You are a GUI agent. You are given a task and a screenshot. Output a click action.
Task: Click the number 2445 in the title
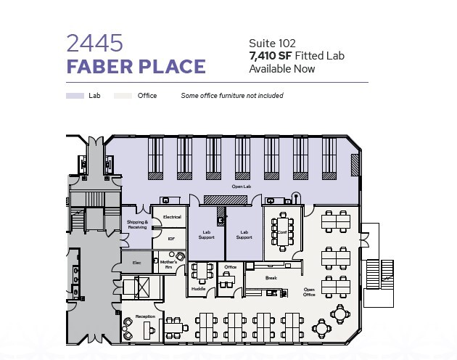94,43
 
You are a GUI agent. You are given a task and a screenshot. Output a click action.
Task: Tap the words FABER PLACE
136,67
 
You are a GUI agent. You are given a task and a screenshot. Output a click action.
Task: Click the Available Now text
282,69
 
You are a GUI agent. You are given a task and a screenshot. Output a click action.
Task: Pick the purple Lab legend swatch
75,96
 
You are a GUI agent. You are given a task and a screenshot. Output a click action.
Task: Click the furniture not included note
232,96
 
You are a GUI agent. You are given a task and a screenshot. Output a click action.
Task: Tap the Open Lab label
242,187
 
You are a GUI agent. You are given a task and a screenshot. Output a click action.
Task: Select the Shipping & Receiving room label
137,224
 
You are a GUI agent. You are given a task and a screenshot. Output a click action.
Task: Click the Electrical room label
172,216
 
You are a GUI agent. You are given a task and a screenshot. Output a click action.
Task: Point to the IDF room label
171,238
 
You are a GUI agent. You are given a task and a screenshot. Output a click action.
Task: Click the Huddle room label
198,288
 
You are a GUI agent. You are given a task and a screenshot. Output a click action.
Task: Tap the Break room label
271,277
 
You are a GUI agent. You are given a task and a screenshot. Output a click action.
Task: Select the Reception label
145,316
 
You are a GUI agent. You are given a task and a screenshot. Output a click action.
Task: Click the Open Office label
309,292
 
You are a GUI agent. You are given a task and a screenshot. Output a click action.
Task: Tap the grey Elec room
136,261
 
